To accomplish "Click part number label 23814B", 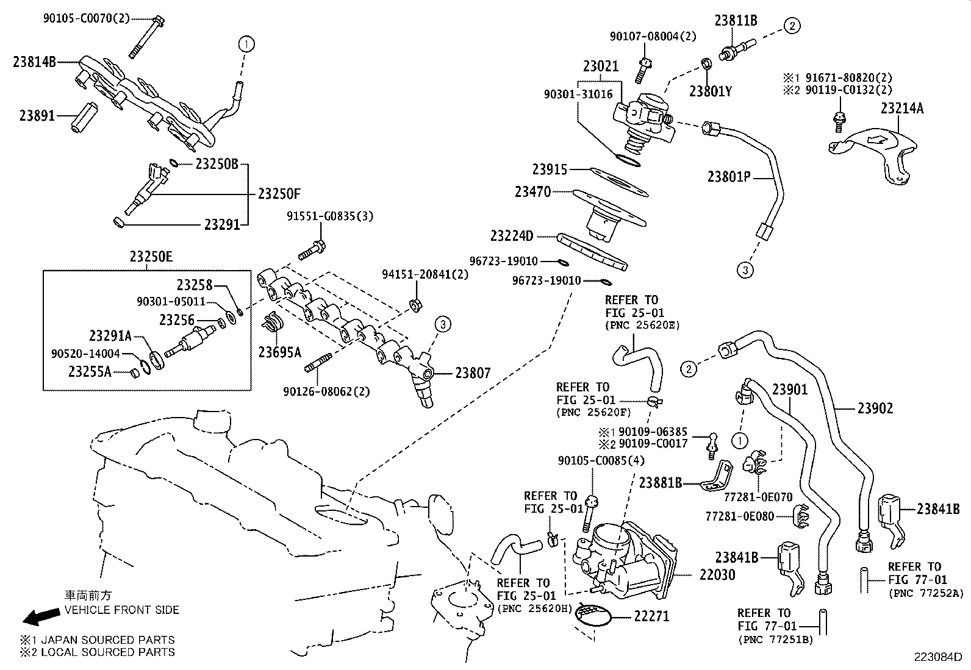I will [34, 62].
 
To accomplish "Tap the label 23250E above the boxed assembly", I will [151, 257].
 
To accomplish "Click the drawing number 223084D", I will [937, 657].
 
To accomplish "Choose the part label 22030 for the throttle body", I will [718, 574].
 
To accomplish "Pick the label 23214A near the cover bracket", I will [902, 109].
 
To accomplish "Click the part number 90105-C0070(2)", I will [86, 18].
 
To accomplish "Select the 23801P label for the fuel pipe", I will [728, 177].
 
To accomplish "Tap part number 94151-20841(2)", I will [425, 274].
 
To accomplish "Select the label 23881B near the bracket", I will [661, 483].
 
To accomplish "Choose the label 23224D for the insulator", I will [512, 235].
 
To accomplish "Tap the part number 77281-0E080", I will [739, 516].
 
